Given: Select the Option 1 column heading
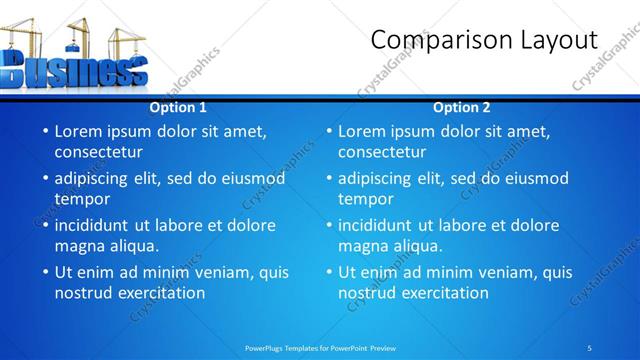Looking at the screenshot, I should tap(178, 108).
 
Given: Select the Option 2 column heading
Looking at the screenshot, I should tap(462, 108).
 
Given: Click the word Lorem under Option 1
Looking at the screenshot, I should tap(80, 131).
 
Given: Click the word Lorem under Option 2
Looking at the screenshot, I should tap(364, 131).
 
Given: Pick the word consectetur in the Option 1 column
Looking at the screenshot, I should tap(98, 152).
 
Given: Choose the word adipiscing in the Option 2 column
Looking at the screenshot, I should tap(374, 178).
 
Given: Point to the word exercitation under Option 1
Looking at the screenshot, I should tap(160, 293).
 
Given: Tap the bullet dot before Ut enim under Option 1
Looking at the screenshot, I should tap(45, 272).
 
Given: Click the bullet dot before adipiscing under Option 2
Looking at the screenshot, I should tap(329, 178).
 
